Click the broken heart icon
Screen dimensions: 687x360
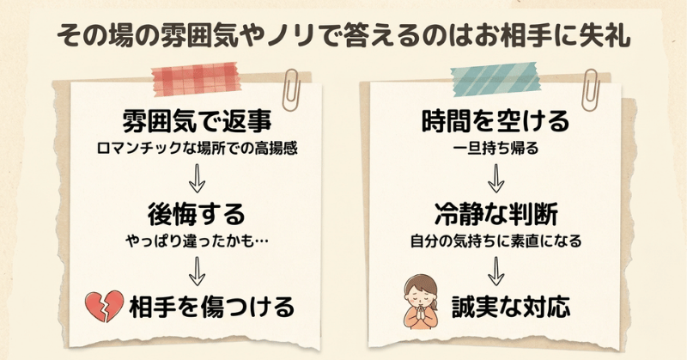coord(104,306)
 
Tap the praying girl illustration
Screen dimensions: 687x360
coord(421,302)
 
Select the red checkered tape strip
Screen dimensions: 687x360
coord(196,79)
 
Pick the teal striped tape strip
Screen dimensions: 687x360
coord(495,79)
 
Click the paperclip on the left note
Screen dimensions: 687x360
coord(291,89)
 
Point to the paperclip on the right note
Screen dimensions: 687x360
coord(590,89)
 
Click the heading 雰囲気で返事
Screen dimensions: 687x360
coord(197,121)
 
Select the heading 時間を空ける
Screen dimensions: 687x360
coord(495,121)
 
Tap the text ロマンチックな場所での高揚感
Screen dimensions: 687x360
coord(197,148)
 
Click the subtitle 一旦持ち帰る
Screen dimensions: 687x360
coord(495,148)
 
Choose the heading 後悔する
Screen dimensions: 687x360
coord(197,215)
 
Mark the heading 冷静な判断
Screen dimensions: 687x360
coord(496,215)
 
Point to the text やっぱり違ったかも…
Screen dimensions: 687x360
coord(197,241)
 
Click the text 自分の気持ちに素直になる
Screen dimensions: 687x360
coord(495,241)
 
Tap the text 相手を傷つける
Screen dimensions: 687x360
coord(211,307)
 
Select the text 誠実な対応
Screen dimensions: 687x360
coord(511,307)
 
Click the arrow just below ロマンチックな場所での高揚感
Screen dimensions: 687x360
coord(197,179)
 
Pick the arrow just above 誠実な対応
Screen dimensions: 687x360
coord(496,272)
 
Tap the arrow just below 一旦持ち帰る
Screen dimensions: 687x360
coord(496,179)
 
